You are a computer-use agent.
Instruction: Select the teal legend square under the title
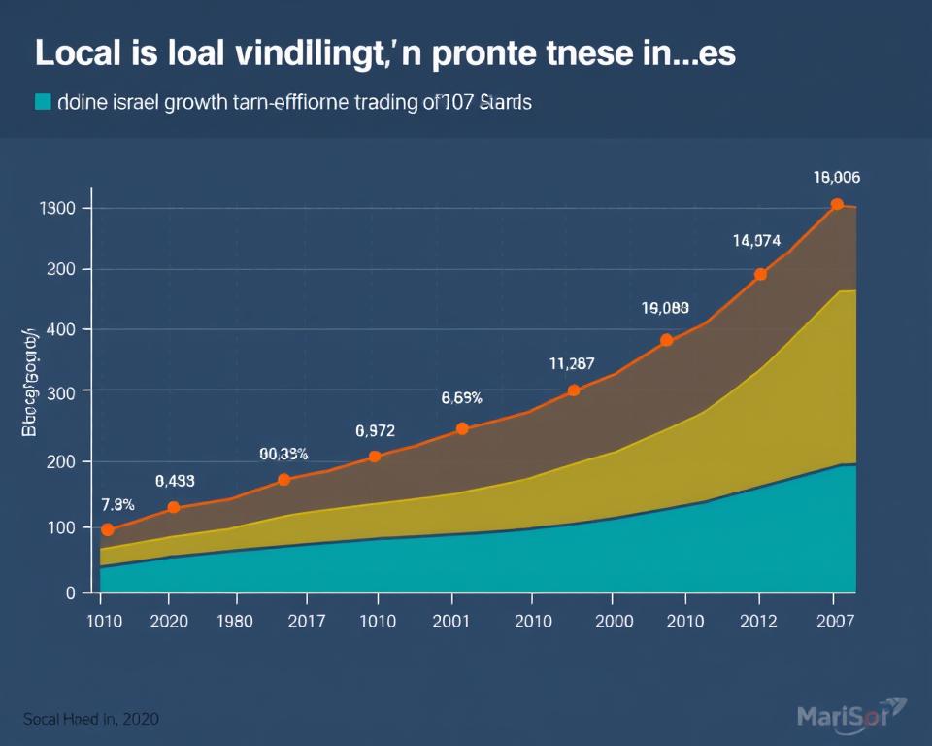coord(42,102)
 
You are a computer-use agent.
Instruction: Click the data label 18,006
coord(836,178)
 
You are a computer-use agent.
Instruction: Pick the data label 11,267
coord(572,364)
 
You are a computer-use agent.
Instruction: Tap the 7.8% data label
coord(117,504)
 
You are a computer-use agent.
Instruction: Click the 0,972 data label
coord(375,430)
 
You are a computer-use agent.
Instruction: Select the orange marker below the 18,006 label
coord(837,205)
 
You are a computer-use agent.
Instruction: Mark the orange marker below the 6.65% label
coord(462,428)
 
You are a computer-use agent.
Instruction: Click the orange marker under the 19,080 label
coord(666,340)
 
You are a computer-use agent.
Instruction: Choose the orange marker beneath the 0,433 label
coord(174,507)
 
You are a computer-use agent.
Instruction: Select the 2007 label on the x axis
coord(836,622)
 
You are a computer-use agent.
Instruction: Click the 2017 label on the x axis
coord(307,622)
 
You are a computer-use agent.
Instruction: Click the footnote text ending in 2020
coord(91,719)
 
